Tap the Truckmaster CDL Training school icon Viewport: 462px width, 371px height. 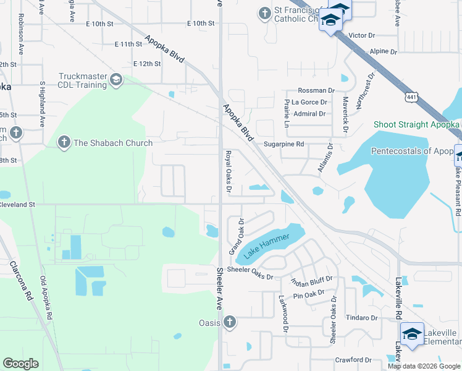pyautogui.click(x=115, y=80)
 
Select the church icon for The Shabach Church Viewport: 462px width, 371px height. pyautogui.click(x=63, y=143)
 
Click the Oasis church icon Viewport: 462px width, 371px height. pyautogui.click(x=229, y=322)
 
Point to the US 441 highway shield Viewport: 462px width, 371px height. pyautogui.click(x=413, y=97)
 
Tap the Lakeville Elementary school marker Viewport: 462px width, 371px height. pyautogui.click(x=412, y=335)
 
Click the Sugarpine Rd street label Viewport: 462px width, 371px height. pyautogui.click(x=284, y=144)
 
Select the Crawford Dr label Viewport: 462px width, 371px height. pyautogui.click(x=353, y=359)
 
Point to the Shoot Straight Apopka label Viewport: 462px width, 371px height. pyautogui.click(x=416, y=124)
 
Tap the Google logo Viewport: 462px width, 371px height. pyautogui.click(x=20, y=364)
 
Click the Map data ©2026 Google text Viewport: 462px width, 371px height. pyautogui.click(x=424, y=365)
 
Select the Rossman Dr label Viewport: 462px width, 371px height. pyautogui.click(x=316, y=90)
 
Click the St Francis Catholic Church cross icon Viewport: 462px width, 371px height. pyautogui.click(x=264, y=13)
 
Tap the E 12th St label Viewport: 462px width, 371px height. pyautogui.click(x=147, y=64)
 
